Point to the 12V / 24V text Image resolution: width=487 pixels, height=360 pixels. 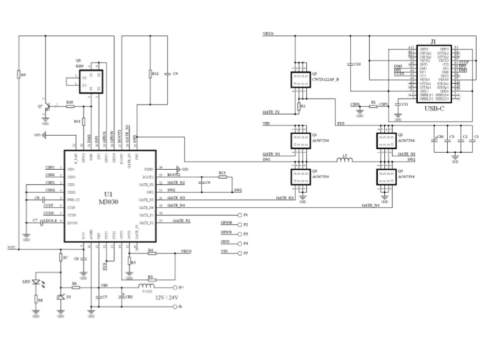click(x=166, y=298)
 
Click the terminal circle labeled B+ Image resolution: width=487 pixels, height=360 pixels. click(x=174, y=287)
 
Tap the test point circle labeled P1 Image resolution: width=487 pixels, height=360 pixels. click(x=239, y=215)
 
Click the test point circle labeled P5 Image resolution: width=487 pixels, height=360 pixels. click(x=239, y=253)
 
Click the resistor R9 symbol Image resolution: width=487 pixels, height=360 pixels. click(x=18, y=75)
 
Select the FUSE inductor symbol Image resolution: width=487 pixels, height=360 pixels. click(x=145, y=287)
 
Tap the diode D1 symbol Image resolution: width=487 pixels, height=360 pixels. click(x=60, y=298)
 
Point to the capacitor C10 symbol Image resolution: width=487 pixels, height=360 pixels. click(x=350, y=63)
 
